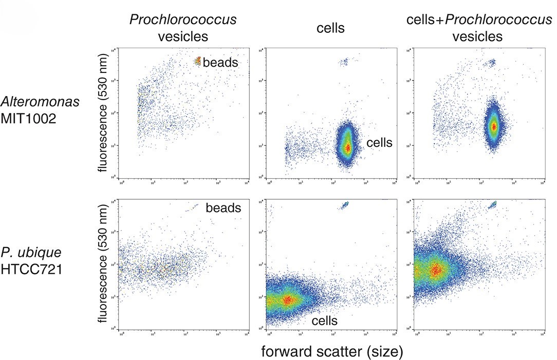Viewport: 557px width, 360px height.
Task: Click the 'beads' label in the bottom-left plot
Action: (224, 208)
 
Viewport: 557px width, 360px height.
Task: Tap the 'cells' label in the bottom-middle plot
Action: (324, 321)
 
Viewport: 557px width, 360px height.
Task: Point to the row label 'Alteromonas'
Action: (40, 102)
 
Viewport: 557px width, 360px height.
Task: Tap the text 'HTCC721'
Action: (32, 269)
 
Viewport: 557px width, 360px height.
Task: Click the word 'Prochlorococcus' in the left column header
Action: (183, 20)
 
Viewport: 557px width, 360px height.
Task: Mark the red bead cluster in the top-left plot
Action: (198, 61)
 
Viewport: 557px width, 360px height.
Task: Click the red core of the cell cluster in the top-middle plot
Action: (347, 147)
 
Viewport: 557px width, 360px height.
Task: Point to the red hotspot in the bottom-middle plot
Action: (288, 299)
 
